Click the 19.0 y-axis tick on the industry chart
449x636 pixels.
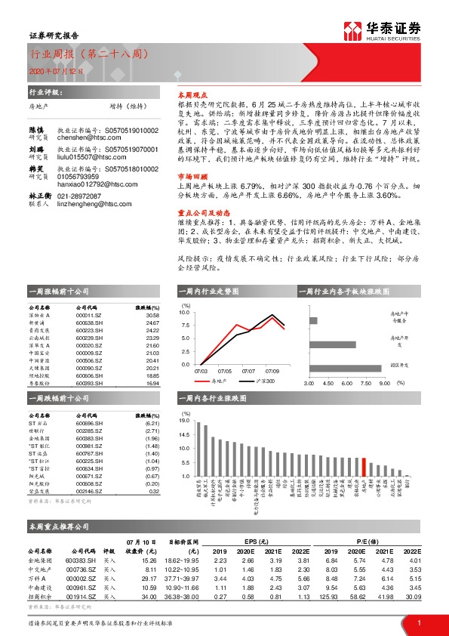185,418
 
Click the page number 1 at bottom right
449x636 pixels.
419,623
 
